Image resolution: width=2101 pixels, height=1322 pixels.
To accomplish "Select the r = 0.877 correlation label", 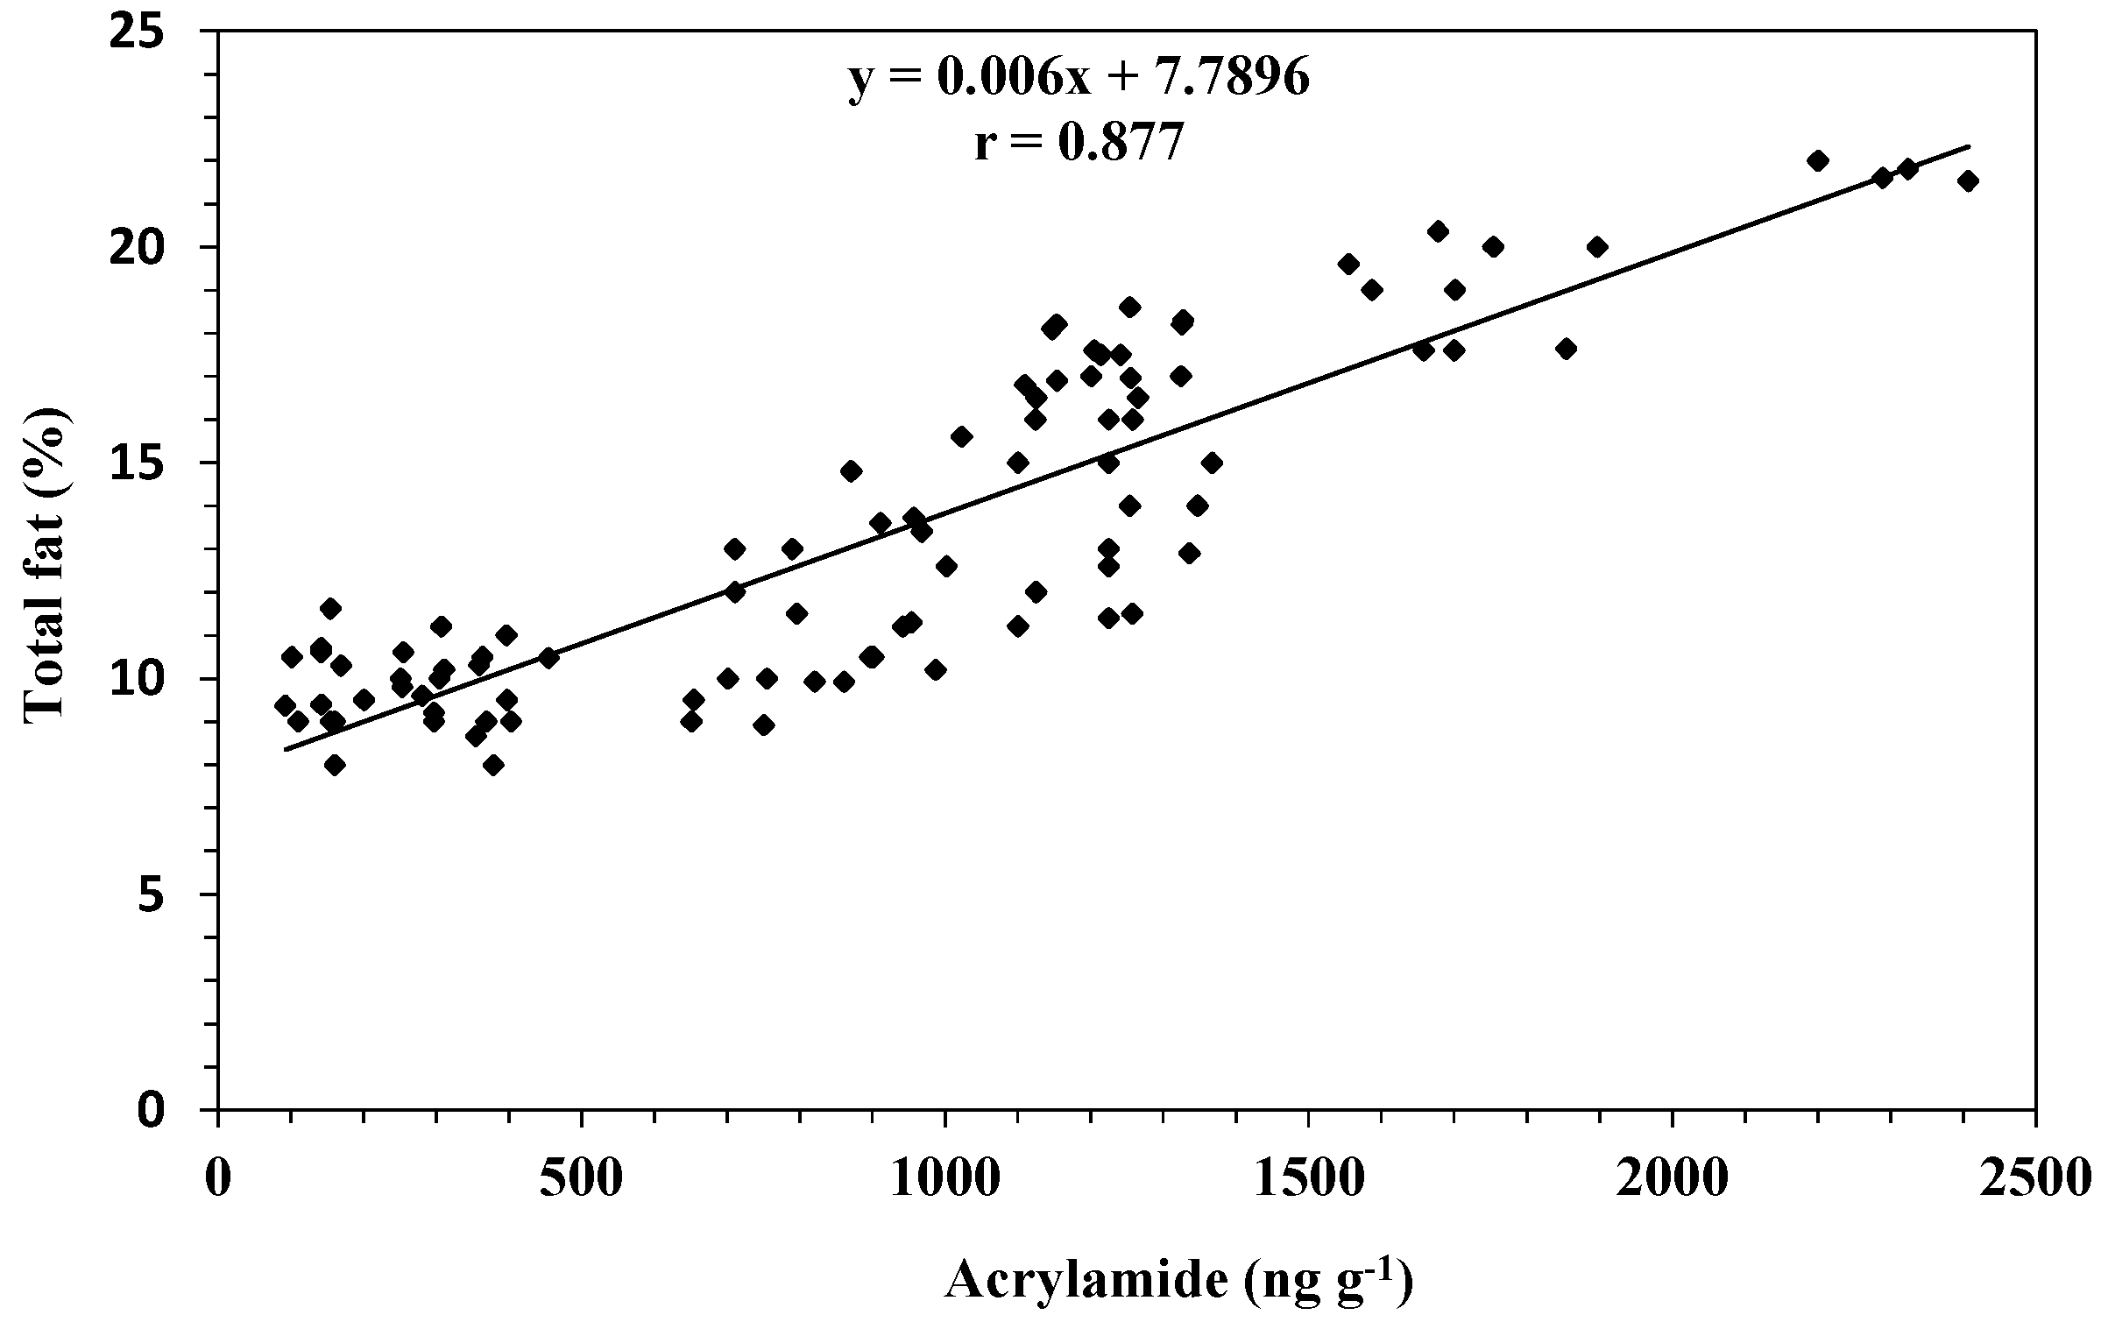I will [1079, 144].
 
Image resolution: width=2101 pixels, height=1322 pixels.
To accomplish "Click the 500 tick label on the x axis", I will [582, 1180].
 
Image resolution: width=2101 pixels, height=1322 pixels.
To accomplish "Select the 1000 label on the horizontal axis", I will [944, 1180].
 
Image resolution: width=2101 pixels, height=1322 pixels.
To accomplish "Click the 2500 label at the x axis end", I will [2037, 1180].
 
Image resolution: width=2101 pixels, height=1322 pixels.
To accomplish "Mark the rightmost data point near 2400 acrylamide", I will [1968, 181].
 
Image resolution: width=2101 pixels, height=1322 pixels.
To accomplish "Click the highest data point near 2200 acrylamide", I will [1818, 160].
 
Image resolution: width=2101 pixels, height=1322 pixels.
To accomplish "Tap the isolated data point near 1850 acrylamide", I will [1567, 349].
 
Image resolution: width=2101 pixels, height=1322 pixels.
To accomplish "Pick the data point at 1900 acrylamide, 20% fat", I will [1597, 247].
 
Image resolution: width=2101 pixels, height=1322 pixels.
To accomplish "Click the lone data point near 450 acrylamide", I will [548, 658].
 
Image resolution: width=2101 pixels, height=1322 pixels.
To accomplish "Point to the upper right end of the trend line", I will [1969, 146].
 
